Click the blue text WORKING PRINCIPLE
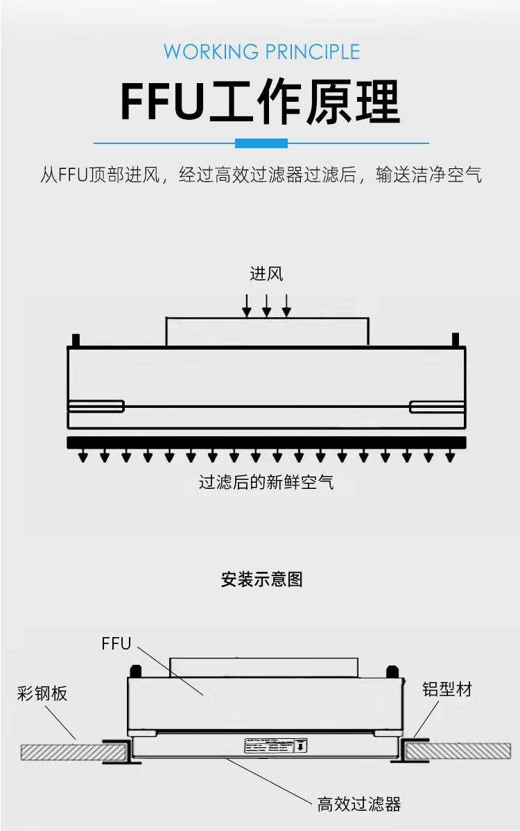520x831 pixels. click(261, 52)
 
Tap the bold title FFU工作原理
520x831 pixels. click(261, 102)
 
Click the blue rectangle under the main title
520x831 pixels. click(261, 143)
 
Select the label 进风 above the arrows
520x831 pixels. click(266, 274)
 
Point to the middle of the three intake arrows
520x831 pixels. click(266, 305)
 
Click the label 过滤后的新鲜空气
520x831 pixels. click(266, 482)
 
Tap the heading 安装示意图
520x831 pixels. click(261, 580)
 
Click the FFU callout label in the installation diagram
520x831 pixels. click(116, 643)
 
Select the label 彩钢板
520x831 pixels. click(42, 693)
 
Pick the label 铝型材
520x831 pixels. click(447, 689)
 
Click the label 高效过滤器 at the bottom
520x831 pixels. click(359, 804)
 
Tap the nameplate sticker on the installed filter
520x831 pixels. click(275, 746)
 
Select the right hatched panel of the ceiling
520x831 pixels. click(458, 751)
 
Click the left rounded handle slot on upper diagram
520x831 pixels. click(96, 406)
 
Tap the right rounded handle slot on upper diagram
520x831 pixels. click(437, 406)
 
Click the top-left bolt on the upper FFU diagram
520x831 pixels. click(76, 340)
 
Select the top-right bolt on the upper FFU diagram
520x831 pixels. click(456, 340)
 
